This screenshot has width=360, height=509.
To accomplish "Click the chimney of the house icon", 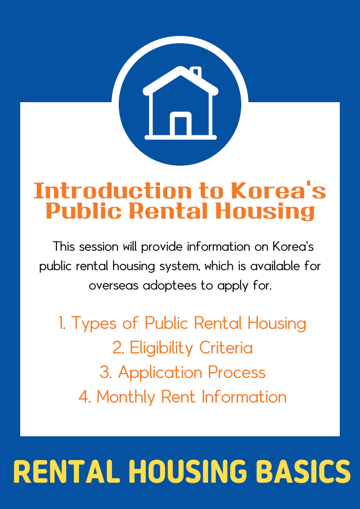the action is [196, 72].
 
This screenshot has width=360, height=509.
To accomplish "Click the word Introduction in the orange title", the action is [113, 190].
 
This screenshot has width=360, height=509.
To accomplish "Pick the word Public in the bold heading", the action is [84, 211].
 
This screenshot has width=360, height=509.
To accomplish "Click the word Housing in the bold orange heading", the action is [265, 212].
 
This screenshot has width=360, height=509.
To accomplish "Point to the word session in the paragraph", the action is [99, 246].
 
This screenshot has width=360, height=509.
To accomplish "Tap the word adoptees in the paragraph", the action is [170, 286].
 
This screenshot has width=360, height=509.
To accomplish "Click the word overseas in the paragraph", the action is [114, 286].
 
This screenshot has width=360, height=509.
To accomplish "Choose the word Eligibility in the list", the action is [161, 348].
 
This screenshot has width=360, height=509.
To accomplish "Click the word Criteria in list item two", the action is [226, 348].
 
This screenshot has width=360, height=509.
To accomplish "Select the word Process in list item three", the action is [237, 372].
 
